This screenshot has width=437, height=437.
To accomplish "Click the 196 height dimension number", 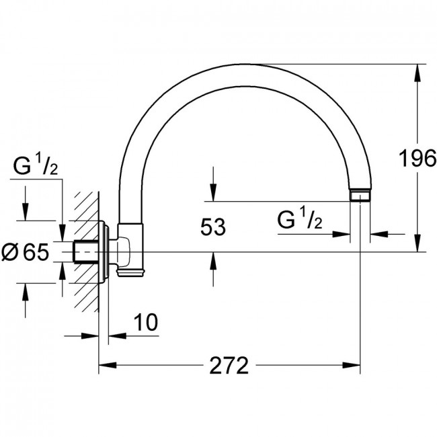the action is click(x=418, y=158).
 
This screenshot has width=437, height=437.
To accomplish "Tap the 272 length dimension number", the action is click(x=229, y=365).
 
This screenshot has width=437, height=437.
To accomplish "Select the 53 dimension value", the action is click(x=213, y=227).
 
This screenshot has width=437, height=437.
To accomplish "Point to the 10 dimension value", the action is click(x=146, y=322).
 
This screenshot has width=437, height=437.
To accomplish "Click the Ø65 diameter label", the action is click(x=25, y=251).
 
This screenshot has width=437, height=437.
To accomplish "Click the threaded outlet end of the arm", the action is click(x=360, y=196).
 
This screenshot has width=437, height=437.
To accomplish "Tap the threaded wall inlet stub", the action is click(x=86, y=251).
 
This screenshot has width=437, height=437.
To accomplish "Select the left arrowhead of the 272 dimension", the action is click(x=108, y=365).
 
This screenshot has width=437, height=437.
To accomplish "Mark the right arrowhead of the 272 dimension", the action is click(x=352, y=365).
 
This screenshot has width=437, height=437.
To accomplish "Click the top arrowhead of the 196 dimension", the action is click(x=418, y=73).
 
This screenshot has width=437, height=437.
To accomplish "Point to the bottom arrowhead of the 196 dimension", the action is click(x=418, y=243).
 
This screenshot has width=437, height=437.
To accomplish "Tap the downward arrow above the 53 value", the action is click(x=213, y=184).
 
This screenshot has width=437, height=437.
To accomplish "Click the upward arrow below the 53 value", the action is click(x=213, y=269).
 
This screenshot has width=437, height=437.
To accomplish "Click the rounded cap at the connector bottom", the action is click(x=130, y=273).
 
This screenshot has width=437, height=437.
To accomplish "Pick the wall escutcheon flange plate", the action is click(x=104, y=251).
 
